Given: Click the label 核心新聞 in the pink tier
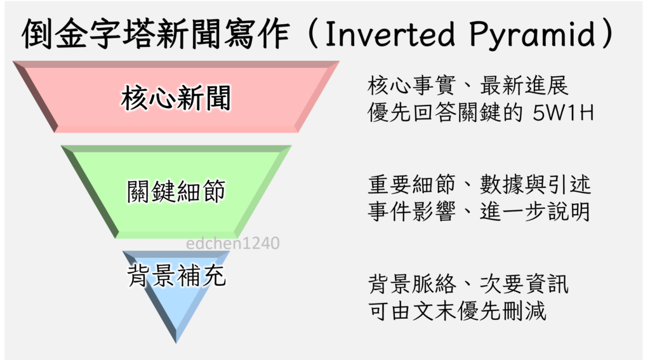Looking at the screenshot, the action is [x=176, y=98].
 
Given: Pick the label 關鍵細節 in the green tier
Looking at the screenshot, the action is [x=176, y=191].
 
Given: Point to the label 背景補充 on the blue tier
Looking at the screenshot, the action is [x=176, y=276].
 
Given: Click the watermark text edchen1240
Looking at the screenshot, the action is [x=232, y=243].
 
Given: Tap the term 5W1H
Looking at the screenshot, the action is [x=563, y=112].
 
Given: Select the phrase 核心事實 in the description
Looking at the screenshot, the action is [x=411, y=86].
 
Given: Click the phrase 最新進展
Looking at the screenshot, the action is [x=524, y=86].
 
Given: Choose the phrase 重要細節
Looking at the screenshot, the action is [x=411, y=185].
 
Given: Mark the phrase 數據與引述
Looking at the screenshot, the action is [x=535, y=185].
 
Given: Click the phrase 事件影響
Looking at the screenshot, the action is [x=411, y=211].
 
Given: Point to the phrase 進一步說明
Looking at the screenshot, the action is [x=535, y=211].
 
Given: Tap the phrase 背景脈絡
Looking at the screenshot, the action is [x=411, y=284].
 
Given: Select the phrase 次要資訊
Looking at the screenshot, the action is [x=524, y=284].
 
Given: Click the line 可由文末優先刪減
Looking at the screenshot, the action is [x=457, y=310].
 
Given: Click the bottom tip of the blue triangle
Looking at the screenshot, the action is [x=176, y=343].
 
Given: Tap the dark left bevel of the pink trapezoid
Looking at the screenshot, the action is [x=36, y=97].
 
